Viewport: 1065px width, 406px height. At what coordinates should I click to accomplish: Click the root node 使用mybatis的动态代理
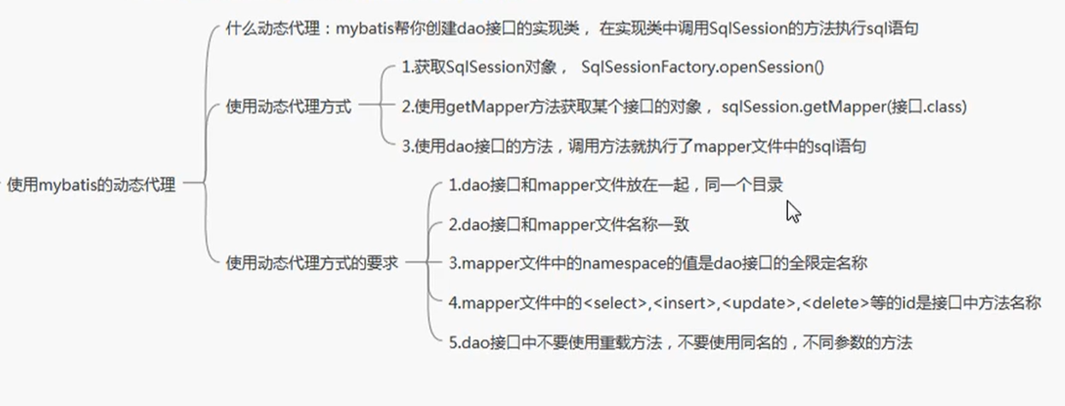click(x=91, y=185)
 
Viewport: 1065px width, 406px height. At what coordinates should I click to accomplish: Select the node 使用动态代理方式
click(x=288, y=108)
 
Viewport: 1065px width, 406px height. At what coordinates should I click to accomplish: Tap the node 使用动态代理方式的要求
click(x=312, y=263)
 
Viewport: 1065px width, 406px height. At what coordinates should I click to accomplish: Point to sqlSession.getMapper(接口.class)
click(x=844, y=108)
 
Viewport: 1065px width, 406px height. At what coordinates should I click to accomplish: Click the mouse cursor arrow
click(x=792, y=210)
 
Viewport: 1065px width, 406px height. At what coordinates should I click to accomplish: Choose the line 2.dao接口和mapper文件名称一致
click(x=568, y=225)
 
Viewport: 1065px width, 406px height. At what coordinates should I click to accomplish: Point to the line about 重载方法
click(x=680, y=344)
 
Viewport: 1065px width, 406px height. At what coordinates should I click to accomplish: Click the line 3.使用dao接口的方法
click(x=633, y=146)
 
